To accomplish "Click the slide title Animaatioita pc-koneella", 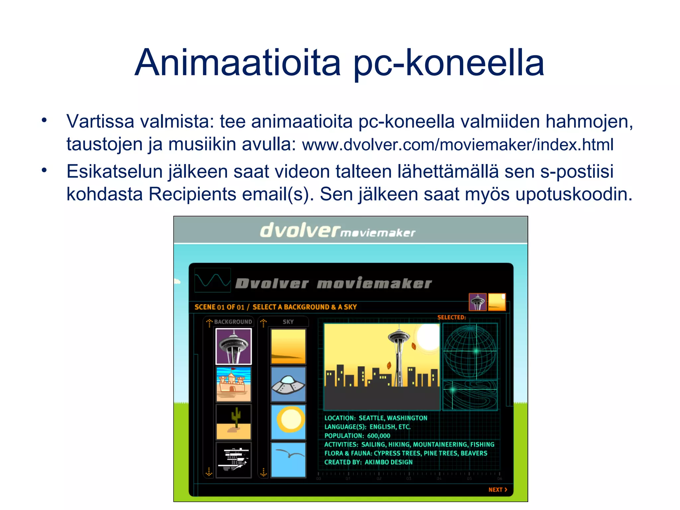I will point(339,63).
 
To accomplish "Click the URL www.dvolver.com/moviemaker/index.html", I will point(458,145).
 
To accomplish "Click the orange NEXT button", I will point(497,490).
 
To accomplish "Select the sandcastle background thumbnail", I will point(233,384).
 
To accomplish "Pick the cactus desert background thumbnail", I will point(233,422).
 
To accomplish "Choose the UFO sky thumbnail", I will point(288,384).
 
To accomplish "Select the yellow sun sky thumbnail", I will point(288,422).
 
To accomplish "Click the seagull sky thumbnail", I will point(288,460).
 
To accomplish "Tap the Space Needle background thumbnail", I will point(233,346).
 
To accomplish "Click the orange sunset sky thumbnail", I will point(288,346).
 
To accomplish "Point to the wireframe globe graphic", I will point(470,351).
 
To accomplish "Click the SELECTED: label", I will point(452,317).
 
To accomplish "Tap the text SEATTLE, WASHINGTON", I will point(393,418).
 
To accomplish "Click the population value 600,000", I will point(379,436).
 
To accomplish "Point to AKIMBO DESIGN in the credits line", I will point(388,462).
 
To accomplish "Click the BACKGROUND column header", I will point(233,322).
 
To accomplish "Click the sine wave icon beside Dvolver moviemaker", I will point(212,280).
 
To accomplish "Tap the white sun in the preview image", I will point(428,337).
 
